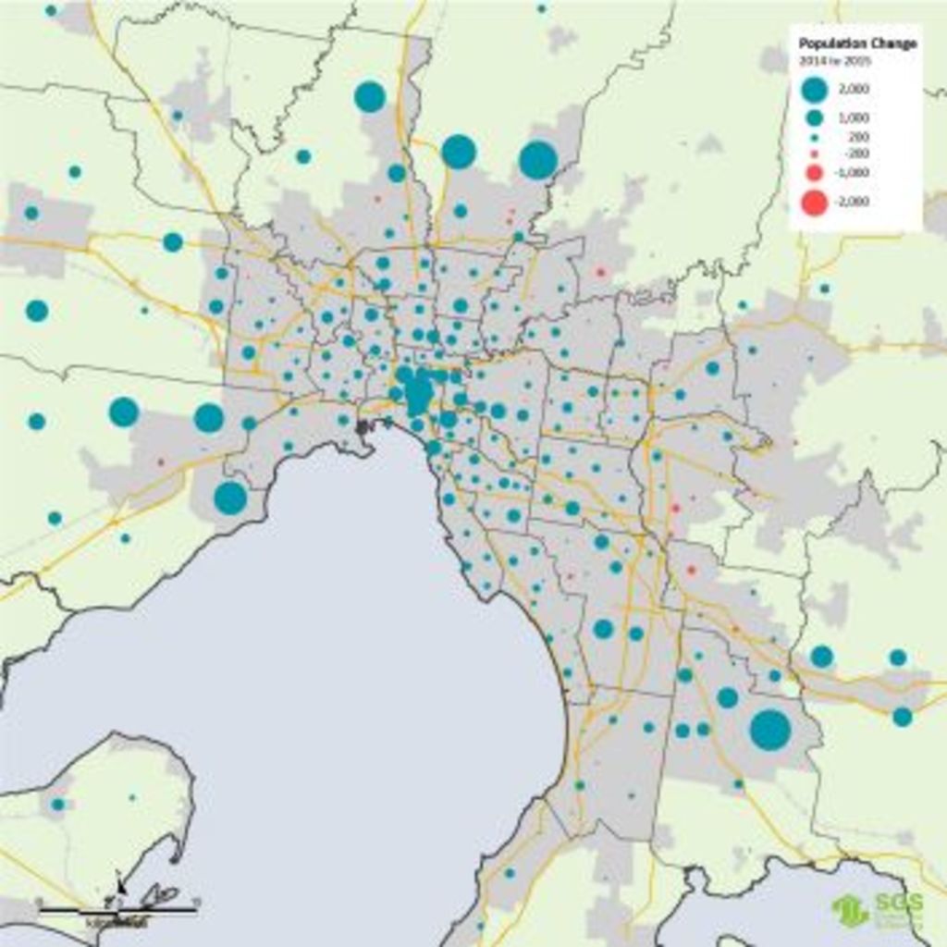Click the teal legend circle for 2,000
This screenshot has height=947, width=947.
point(815,90)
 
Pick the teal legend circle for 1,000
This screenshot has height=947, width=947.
point(815,117)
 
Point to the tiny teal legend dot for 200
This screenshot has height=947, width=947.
point(815,137)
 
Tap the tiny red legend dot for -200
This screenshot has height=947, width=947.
point(815,153)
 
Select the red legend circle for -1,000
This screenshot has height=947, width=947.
point(815,173)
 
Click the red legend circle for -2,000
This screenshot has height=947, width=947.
point(815,202)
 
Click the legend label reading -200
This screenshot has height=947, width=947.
point(857,153)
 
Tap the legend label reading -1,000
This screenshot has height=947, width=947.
point(855,173)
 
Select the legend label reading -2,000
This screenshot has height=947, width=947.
point(855,202)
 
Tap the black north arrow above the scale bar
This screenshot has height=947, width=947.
point(120,883)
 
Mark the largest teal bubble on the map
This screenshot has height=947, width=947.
point(770,729)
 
